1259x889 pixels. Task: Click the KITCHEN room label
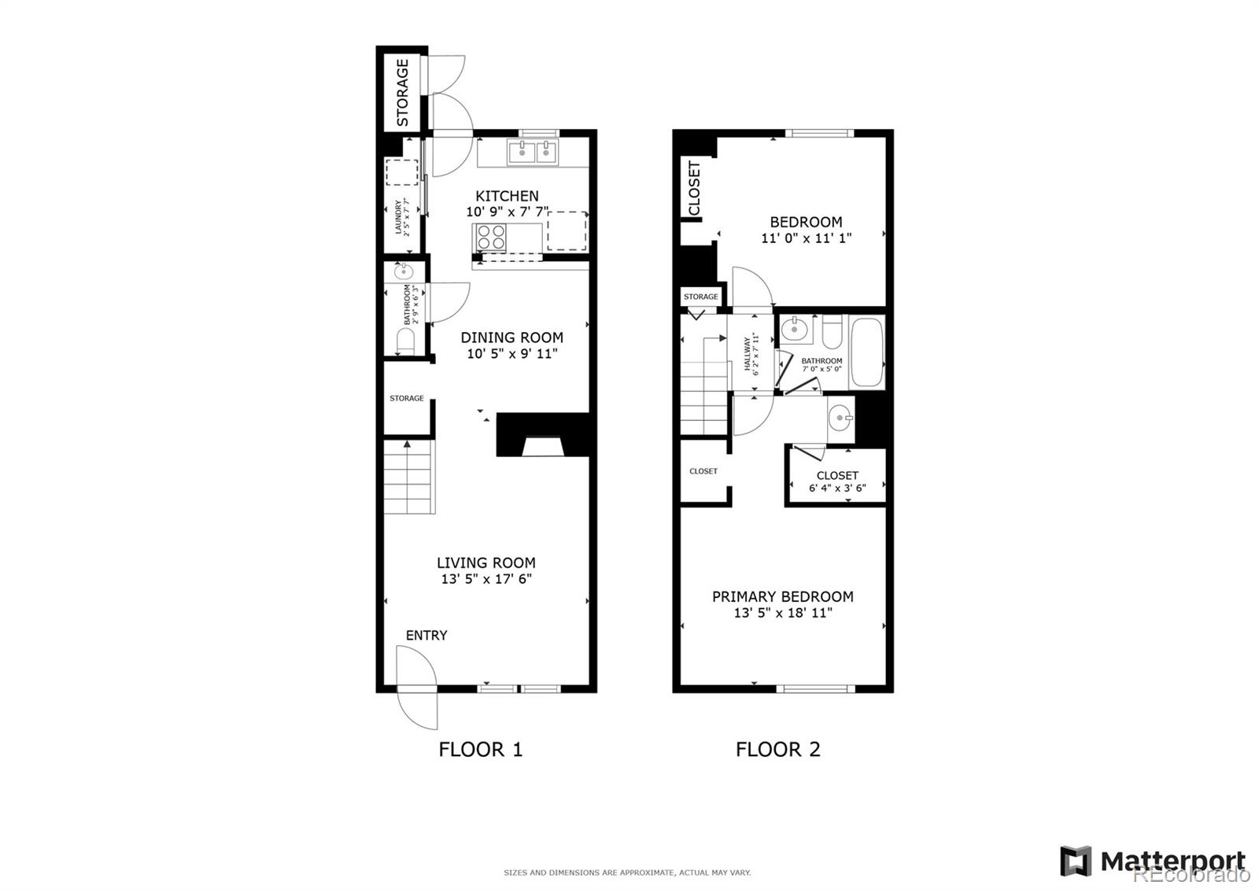click(507, 196)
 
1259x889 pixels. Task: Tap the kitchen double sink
click(533, 152)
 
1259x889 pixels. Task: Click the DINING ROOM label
click(511, 338)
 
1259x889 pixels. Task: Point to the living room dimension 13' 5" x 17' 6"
click(486, 579)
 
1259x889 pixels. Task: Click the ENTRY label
click(426, 635)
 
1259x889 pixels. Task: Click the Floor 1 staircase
click(408, 478)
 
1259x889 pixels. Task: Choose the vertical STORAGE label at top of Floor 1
click(402, 92)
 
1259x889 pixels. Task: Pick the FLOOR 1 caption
click(480, 749)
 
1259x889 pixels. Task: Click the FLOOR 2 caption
click(777, 749)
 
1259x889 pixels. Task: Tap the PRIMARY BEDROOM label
click(782, 596)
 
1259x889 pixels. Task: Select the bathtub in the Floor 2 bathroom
click(866, 352)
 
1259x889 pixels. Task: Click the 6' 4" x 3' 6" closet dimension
click(837, 488)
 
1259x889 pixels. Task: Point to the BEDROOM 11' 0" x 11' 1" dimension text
click(806, 238)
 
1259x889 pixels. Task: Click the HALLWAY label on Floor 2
click(749, 353)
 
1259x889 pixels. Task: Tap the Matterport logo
click(1154, 861)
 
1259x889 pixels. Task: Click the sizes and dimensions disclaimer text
click(627, 872)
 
